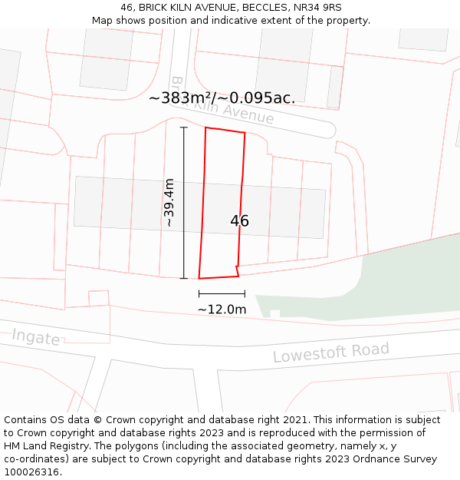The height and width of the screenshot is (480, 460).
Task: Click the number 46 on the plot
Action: coord(239,221)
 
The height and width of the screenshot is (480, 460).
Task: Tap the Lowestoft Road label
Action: coord(331,353)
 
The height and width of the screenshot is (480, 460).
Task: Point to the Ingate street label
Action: coord(35,336)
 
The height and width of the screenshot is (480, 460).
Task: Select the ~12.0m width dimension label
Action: coord(222,309)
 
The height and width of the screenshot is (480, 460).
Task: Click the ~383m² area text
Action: coord(182,98)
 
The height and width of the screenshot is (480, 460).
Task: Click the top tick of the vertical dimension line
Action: coord(183,127)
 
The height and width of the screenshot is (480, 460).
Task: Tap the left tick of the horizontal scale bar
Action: coord(199,293)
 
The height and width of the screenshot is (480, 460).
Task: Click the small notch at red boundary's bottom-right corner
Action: coord(238,271)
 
